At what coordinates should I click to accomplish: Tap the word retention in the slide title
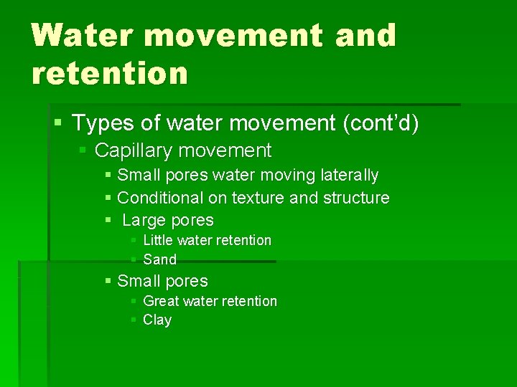click(x=109, y=72)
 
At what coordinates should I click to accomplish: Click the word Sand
click(x=159, y=259)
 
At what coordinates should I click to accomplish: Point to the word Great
click(x=161, y=301)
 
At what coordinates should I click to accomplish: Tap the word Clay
click(x=157, y=320)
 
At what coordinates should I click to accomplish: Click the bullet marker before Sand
click(x=134, y=259)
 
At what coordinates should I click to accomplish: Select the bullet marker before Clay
click(x=134, y=320)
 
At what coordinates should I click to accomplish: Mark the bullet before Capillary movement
click(x=83, y=151)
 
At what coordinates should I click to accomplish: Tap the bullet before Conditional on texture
click(x=108, y=198)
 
